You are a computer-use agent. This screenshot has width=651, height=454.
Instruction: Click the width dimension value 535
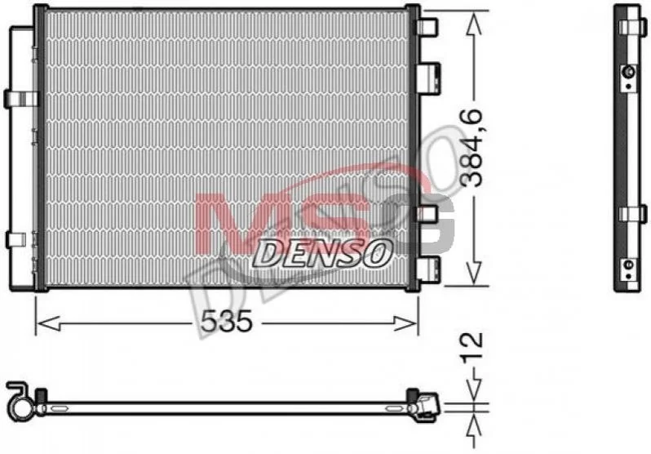[x=227, y=322]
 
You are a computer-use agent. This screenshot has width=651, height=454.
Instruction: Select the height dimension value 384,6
[x=472, y=148]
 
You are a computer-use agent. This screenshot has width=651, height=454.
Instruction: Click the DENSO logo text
[x=322, y=253]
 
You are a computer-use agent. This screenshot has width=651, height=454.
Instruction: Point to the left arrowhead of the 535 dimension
[x=48, y=323]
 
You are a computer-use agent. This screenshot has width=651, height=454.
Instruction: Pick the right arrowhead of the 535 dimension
[x=405, y=323]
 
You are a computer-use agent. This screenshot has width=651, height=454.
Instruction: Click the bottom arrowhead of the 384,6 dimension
[x=473, y=274]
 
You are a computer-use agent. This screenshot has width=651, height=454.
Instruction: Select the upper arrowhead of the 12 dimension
[x=473, y=390]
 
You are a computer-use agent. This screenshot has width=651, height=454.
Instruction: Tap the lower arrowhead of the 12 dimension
[x=473, y=425]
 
